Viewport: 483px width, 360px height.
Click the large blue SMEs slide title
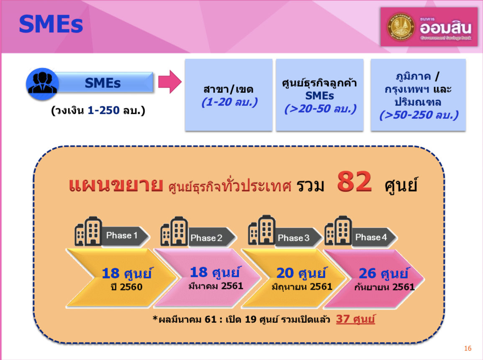[x=51, y=24]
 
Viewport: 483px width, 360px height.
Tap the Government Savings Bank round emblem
[x=401, y=27]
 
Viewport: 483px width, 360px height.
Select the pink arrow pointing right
[x=170, y=82]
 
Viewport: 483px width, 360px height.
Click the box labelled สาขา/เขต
[x=229, y=95]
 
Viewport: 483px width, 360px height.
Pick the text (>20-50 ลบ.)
[x=320, y=109]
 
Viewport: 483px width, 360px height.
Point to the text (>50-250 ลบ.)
[x=419, y=115]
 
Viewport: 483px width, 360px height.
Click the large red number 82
[x=354, y=181]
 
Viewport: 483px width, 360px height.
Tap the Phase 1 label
[x=122, y=235]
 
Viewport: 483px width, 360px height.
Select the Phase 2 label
[x=206, y=238]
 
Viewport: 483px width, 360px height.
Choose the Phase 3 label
[x=293, y=238]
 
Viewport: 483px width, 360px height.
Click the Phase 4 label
[x=371, y=237]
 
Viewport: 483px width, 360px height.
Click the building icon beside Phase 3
[x=262, y=230]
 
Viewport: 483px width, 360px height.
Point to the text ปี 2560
[x=126, y=287]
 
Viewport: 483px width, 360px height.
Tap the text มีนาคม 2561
[x=216, y=286]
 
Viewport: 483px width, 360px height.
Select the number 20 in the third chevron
[x=285, y=273]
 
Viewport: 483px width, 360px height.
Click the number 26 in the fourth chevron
[x=367, y=273]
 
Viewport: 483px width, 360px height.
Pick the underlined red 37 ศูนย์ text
[x=355, y=319]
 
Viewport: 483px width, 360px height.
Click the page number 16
[x=468, y=348]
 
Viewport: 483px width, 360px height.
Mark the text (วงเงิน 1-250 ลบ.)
[x=98, y=110]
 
